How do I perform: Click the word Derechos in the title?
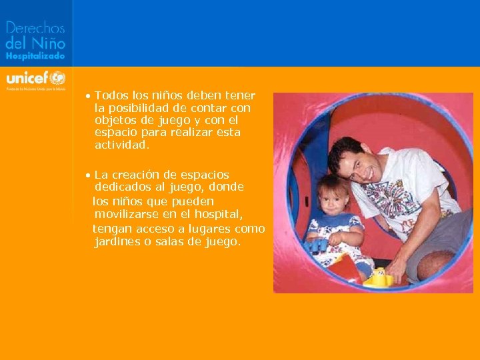coord(35,29)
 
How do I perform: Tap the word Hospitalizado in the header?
coord(35,57)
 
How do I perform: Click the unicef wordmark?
coord(27,76)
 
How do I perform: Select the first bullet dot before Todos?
coord(88,96)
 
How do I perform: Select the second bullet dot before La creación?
coord(88,175)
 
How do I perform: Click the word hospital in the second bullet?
coord(219,213)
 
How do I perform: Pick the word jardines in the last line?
coord(119,241)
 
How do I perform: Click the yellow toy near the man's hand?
coord(379,276)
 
